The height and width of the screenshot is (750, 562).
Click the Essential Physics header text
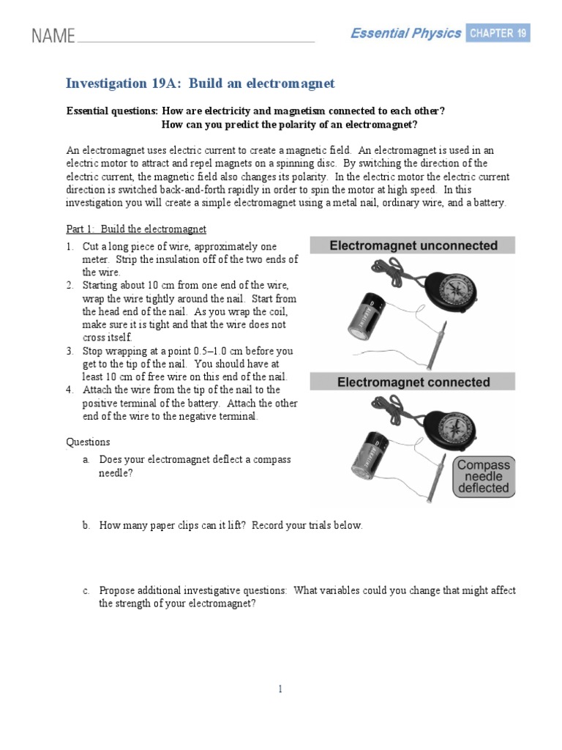[x=405, y=33]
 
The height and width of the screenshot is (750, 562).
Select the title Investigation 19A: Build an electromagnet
[x=200, y=83]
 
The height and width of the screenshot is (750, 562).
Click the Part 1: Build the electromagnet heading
[x=136, y=229]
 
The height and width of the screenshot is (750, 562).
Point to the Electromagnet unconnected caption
[x=413, y=246]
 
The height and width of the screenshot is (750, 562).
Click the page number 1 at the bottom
[x=280, y=688]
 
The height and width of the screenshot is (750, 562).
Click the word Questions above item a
[x=88, y=442]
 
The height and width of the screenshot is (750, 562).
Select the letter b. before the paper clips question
[x=86, y=526]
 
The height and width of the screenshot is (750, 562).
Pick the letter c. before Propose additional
[x=86, y=590]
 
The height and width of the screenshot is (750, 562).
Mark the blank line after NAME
[x=195, y=41]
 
